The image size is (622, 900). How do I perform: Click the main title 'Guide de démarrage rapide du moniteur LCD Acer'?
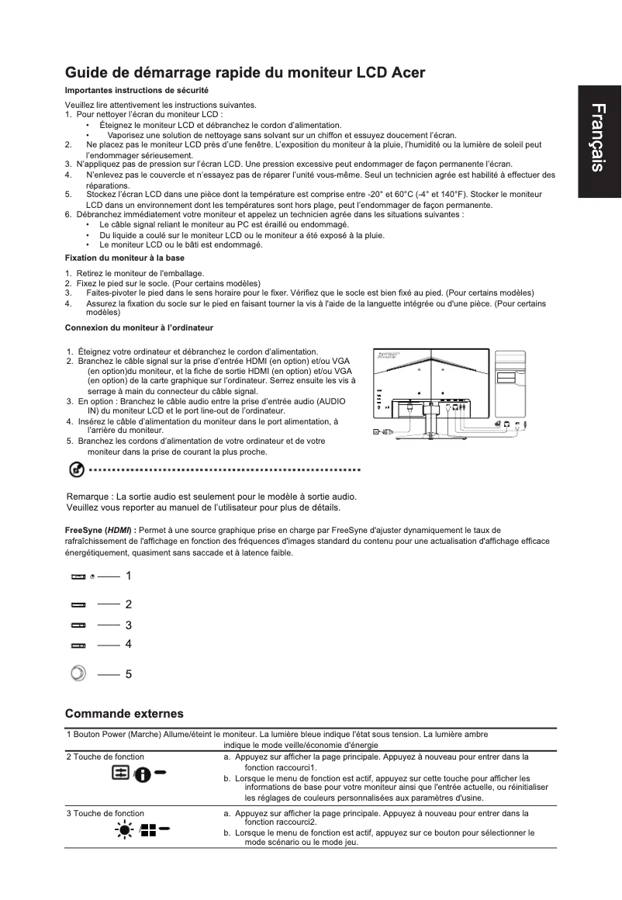click(244, 73)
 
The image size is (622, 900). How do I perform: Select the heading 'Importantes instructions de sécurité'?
click(136, 91)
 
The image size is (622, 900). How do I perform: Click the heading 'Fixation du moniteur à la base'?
click(124, 257)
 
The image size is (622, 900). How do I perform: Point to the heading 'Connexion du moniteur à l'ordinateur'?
click(139, 328)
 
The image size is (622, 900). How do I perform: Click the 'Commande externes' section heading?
click(124, 713)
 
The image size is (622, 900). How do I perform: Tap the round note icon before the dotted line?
click(76, 469)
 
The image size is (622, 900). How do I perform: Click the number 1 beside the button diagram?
click(128, 576)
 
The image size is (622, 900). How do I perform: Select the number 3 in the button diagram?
click(128, 625)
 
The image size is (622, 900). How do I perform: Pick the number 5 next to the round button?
click(128, 675)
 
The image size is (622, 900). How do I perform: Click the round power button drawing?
click(77, 673)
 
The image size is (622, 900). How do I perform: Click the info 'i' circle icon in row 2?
click(143, 775)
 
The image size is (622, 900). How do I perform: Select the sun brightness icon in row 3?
click(123, 831)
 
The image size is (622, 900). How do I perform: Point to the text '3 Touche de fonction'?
click(105, 813)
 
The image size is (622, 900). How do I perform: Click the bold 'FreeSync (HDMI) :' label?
click(99, 530)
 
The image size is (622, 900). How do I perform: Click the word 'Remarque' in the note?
click(88, 497)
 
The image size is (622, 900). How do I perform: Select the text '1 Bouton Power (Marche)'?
click(112, 734)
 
